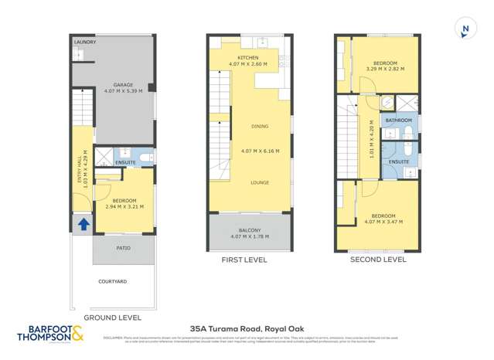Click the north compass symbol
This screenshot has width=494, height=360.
click(465, 30)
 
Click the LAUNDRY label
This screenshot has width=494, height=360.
click(85, 42)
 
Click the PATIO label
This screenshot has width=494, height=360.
click(124, 248)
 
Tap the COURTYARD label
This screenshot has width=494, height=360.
click(113, 282)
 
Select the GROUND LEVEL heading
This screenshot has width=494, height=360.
click(112, 318)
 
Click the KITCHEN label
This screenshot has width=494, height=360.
click(248, 58)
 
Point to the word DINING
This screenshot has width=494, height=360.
click(260, 126)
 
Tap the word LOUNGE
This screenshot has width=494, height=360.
click(260, 182)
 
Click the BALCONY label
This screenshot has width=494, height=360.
click(249, 230)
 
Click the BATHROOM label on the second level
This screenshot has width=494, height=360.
click(399, 121)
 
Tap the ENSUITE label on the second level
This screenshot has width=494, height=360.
click(399, 161)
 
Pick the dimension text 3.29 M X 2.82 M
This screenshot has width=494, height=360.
click(385, 69)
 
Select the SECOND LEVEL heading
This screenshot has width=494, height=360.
click(378, 260)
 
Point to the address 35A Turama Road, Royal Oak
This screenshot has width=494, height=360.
click(247, 328)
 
